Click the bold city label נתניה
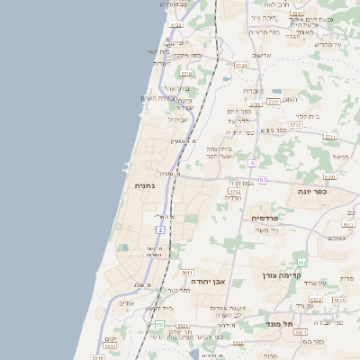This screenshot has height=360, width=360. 144,186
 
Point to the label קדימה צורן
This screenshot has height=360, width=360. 279,274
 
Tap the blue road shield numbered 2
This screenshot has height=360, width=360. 160,230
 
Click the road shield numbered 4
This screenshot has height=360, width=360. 253,163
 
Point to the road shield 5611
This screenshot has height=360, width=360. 187,272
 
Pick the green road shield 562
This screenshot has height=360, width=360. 302,262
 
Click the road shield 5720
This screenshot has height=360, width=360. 240,66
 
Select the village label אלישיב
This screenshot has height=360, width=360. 261,56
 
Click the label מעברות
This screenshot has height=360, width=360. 252,90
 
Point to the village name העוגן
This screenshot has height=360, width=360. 290,99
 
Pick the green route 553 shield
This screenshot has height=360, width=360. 159,324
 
